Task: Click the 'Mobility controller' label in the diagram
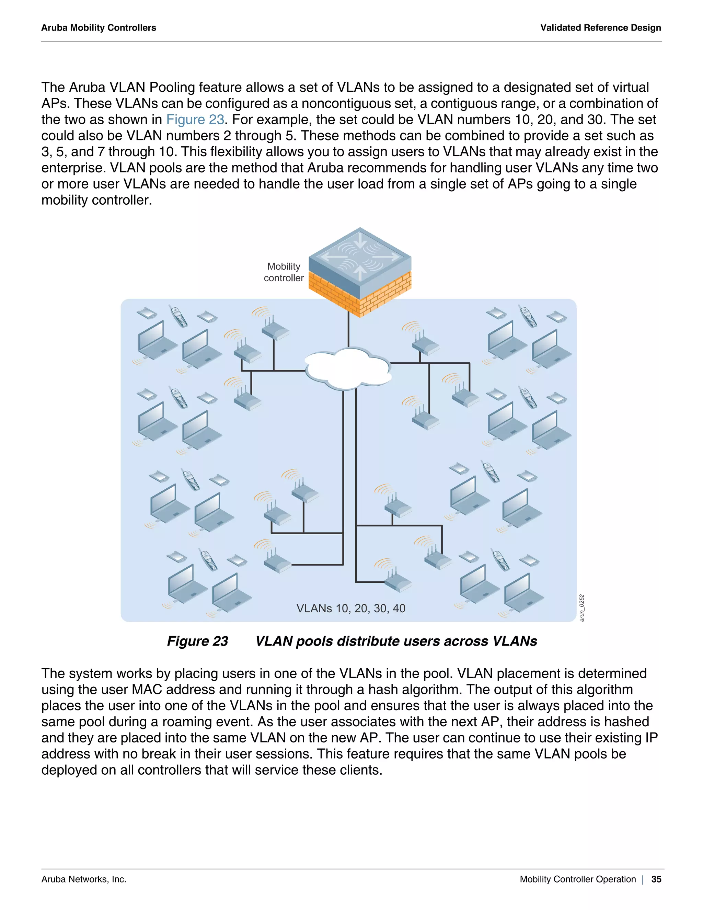pos(284,272)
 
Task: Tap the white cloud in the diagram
pos(348,368)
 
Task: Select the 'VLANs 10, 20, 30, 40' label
pos(351,608)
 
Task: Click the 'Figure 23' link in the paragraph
pos(195,120)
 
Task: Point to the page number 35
pos(656,879)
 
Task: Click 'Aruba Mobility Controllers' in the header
pos(99,28)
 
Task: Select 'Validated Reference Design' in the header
pos(601,28)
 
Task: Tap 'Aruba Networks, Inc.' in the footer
pos(84,879)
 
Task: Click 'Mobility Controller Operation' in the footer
pos(578,879)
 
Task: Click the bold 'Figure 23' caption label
pos(197,641)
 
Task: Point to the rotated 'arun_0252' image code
pos(582,608)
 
